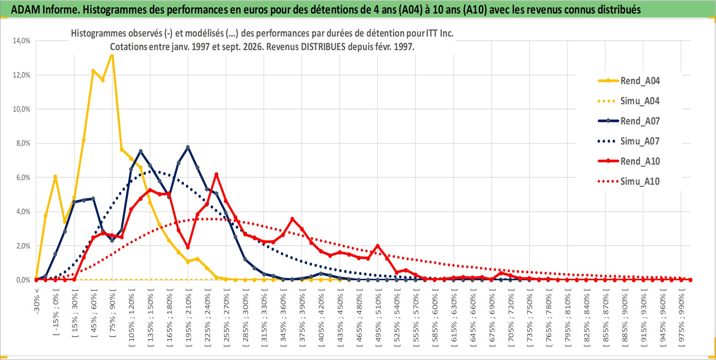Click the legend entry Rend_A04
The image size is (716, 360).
pyautogui.click(x=629, y=81)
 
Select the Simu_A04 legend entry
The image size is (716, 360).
pyautogui.click(x=629, y=101)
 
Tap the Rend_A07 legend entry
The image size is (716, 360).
pyautogui.click(x=629, y=121)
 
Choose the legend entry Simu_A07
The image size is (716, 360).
pyautogui.click(x=629, y=141)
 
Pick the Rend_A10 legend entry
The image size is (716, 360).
pyautogui.click(x=629, y=161)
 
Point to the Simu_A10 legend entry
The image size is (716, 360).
pyautogui.click(x=629, y=181)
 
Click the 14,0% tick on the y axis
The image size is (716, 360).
pyautogui.click(x=22, y=41)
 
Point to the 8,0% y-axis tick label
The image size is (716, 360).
pyautogui.click(x=23, y=143)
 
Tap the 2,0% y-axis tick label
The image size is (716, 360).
pyautogui.click(x=23, y=246)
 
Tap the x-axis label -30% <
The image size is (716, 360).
pyautogui.click(x=37, y=301)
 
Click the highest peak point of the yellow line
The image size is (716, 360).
pyautogui.click(x=112, y=55)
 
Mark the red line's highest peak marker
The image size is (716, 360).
pyautogui.click(x=216, y=175)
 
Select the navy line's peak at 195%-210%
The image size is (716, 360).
pyautogui.click(x=188, y=147)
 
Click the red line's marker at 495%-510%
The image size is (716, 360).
pyautogui.click(x=378, y=246)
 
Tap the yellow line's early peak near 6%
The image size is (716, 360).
pyautogui.click(x=55, y=177)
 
